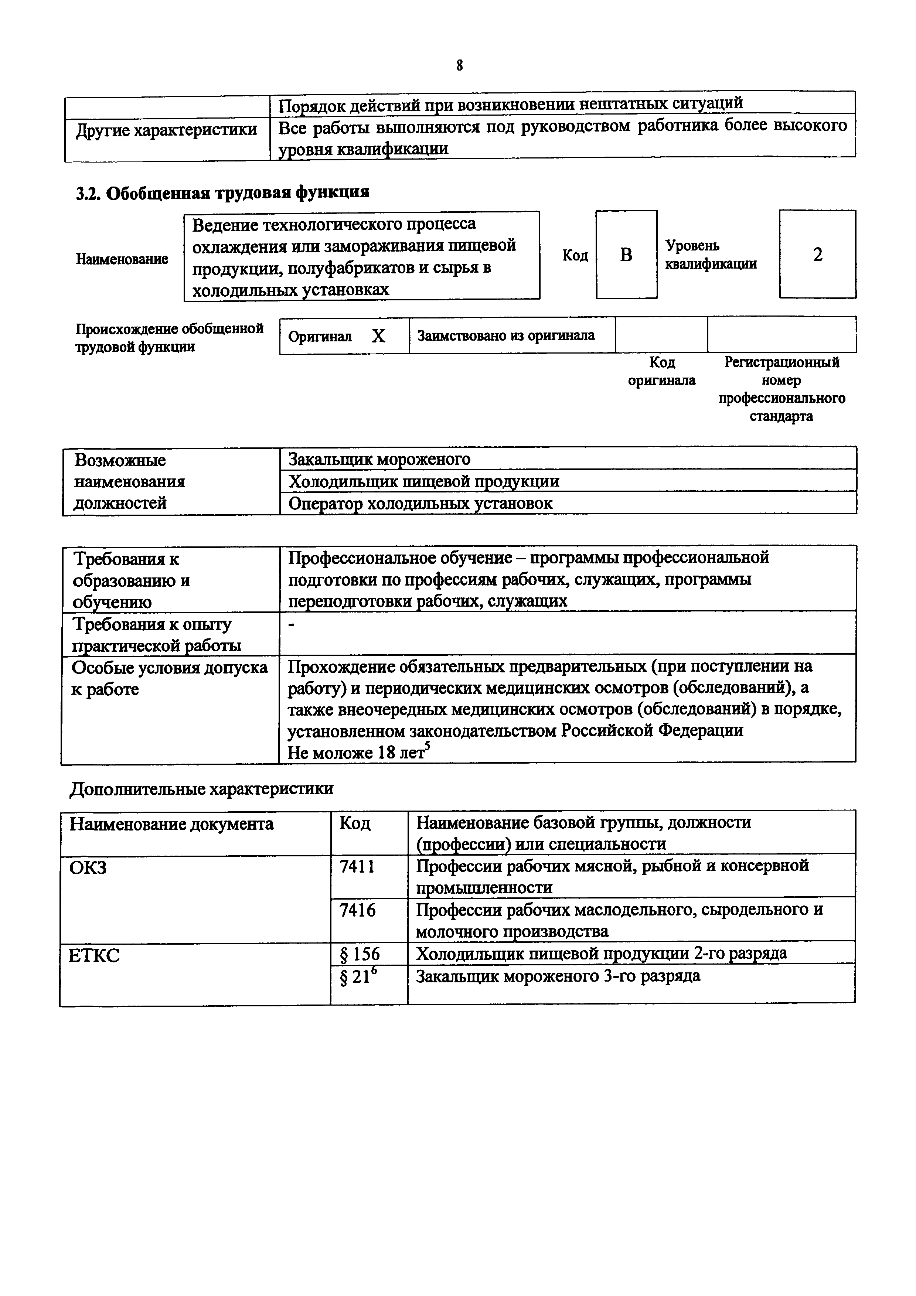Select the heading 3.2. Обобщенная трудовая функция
(222, 193)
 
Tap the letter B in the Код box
(626, 255)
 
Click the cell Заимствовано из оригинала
(506, 336)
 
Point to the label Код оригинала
(661, 371)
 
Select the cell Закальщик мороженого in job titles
(379, 459)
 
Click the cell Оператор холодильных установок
(420, 504)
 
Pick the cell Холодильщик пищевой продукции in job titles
(424, 481)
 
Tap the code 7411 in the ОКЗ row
(357, 866)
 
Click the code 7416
(357, 910)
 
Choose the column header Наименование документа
(171, 824)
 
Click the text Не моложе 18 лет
(355, 753)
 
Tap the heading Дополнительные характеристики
(201, 788)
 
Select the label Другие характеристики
(167, 130)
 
